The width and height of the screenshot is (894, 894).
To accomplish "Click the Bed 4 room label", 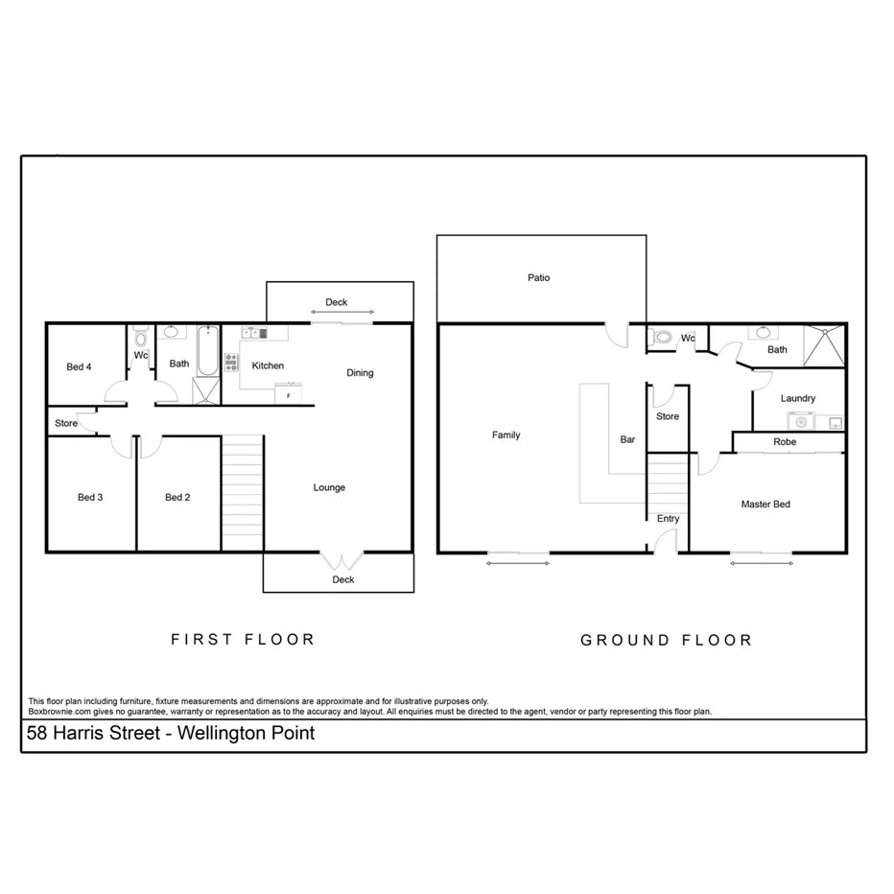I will pos(79,366).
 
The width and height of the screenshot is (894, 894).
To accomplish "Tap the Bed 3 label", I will pos(90,497).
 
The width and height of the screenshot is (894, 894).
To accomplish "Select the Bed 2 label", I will pos(177,497).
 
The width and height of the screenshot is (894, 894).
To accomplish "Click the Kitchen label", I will pos(268,365).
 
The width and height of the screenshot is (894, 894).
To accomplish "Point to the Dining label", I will pos(360,373).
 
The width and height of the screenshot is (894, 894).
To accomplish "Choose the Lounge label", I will pos(329,487).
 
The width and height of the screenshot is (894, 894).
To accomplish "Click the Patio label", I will pos(538,278).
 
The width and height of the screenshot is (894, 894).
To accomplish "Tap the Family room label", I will pos(506,435).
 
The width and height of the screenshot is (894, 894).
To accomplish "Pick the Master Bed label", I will pos(765,504).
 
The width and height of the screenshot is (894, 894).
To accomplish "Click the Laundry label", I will pos(797,398).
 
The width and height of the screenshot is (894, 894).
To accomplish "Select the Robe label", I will pos(784,442).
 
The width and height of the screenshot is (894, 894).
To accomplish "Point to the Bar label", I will pos(627,439).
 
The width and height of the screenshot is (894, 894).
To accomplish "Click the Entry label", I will pos(668,519).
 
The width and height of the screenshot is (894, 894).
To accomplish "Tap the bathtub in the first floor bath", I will pos(206,352).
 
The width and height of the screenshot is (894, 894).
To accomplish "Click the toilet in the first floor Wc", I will pos(140,338).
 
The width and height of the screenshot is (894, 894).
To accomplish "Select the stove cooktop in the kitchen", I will pos(231,362).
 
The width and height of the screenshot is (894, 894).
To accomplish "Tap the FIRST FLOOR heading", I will pos(243,639).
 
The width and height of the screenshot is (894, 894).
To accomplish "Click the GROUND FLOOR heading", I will pos(666,640).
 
